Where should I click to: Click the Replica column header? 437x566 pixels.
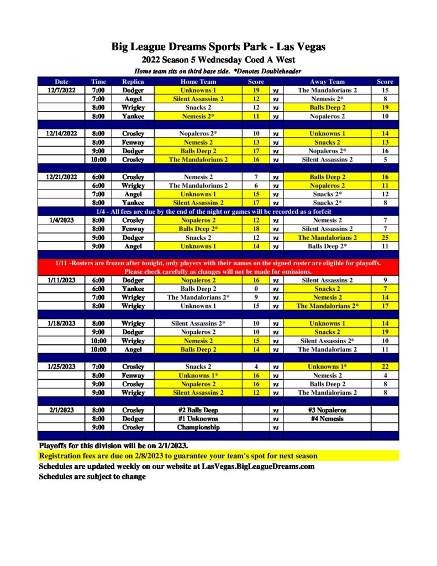click(133, 82)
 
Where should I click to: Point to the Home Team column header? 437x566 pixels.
click(198, 82)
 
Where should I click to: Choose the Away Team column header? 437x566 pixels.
click(327, 82)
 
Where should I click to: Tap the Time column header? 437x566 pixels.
click(98, 82)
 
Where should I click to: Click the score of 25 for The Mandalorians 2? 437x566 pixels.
click(385, 237)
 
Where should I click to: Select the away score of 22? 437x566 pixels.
click(385, 366)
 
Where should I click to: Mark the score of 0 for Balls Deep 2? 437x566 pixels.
click(256, 289)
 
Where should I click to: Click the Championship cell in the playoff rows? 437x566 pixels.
click(198, 427)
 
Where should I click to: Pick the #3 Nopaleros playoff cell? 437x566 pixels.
click(327, 410)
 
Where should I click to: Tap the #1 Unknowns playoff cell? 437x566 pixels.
click(198, 418)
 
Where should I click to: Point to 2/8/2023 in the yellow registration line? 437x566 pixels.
click(129, 456)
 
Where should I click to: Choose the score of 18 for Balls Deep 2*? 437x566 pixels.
click(256, 228)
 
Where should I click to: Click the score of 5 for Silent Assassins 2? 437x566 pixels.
click(385, 159)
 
